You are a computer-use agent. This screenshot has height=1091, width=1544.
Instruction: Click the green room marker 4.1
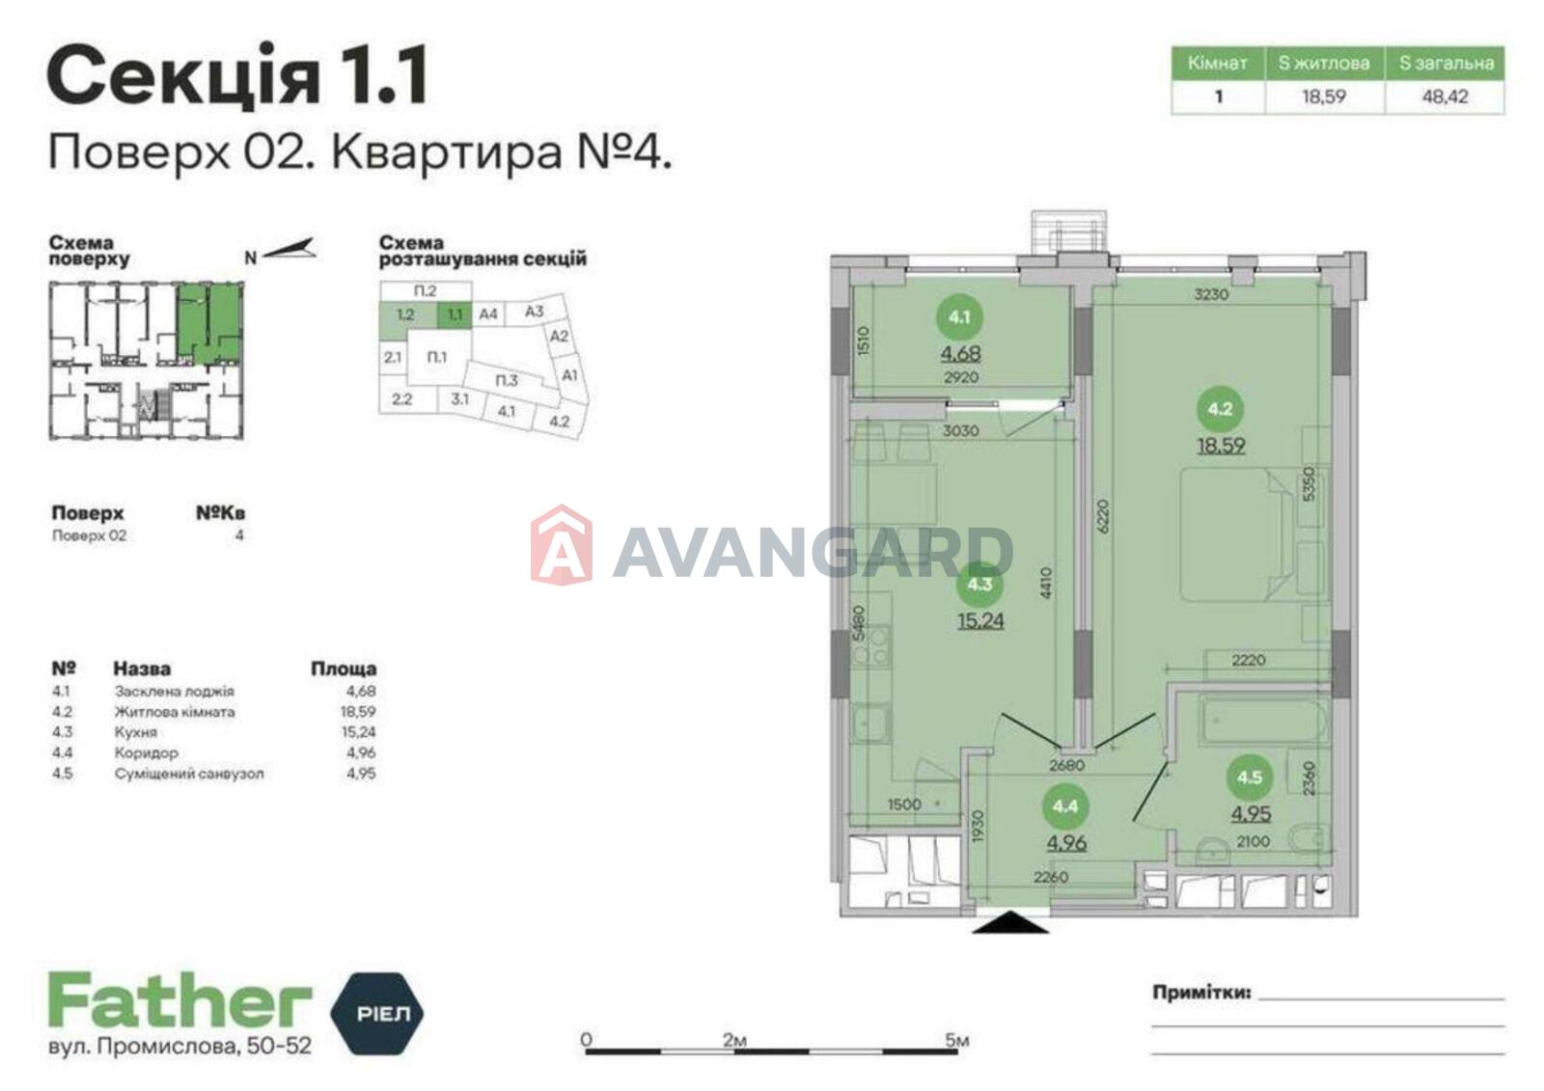point(959,317)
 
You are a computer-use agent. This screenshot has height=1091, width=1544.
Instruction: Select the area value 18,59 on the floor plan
point(1221,446)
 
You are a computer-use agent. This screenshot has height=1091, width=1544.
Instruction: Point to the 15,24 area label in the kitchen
point(980,621)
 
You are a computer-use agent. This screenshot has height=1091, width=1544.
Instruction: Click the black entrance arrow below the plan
point(1011,922)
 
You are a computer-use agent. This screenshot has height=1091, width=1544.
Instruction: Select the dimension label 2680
point(1067,765)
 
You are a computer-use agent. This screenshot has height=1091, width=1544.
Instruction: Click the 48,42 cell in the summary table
point(1445,96)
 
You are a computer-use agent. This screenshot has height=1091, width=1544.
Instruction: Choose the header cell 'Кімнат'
point(1218,64)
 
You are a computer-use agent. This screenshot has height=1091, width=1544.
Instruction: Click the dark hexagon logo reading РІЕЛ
point(377,1013)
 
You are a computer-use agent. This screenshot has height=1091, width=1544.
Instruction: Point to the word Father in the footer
point(179,999)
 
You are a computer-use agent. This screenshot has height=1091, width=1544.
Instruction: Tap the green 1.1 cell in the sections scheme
point(455,314)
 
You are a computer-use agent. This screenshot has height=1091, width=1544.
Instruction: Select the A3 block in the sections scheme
point(534,312)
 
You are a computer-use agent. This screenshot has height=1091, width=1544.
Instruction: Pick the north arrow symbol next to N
point(289,249)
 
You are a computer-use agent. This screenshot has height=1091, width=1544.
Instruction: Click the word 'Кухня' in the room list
point(136,732)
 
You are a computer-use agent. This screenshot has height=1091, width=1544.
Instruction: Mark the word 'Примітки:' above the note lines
point(1201,993)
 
